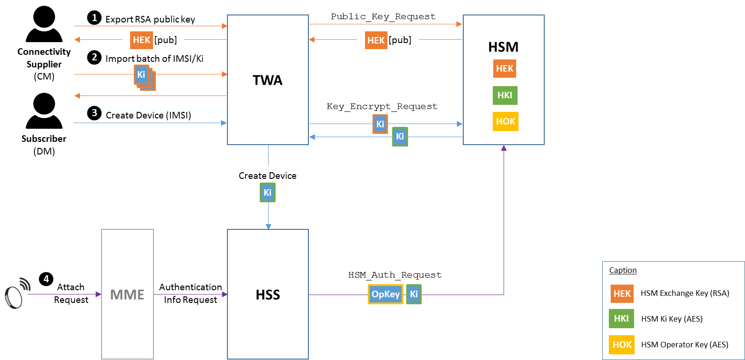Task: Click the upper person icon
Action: [x=44, y=24]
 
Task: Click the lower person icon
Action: [x=44, y=110]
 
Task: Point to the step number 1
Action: [x=95, y=18]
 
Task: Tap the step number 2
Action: [x=95, y=57]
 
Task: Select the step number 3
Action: [x=95, y=113]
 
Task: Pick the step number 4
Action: [x=46, y=279]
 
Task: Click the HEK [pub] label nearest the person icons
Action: [x=153, y=40]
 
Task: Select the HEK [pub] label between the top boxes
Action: [x=388, y=40]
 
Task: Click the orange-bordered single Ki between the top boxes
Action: [x=380, y=124]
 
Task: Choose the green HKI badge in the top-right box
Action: [x=505, y=96]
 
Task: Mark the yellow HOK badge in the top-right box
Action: [x=505, y=122]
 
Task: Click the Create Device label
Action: [x=268, y=176]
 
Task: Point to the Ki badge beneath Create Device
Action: [x=268, y=192]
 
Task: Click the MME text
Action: [x=127, y=294]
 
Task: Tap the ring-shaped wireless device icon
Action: [x=16, y=294]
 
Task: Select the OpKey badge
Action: [x=386, y=294]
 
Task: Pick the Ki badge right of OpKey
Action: [x=414, y=294]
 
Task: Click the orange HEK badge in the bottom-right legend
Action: [x=622, y=294]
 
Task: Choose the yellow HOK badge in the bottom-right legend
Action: [x=622, y=345]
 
